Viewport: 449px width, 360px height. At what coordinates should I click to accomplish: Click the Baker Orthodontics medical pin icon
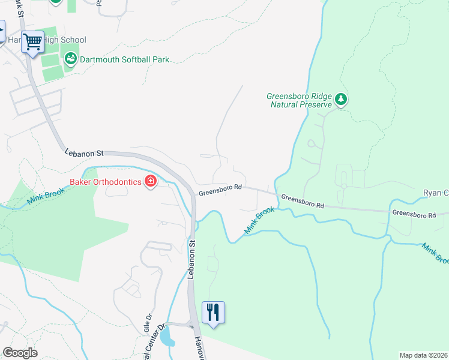(150, 182)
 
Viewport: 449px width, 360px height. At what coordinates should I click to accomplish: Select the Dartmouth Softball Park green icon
(71, 59)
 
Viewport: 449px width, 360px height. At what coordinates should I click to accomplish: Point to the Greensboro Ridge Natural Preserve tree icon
(341, 99)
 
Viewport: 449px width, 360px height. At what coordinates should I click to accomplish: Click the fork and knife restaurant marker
(213, 313)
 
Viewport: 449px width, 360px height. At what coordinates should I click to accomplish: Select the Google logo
(20, 352)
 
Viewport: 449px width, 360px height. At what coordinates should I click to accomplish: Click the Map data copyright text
(423, 355)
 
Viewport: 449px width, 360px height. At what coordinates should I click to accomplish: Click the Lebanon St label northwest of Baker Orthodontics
(85, 154)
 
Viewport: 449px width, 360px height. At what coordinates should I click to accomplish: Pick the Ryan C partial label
(436, 193)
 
